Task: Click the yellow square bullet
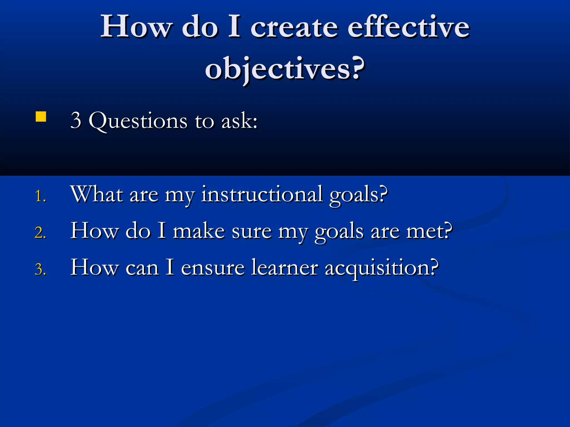tap(41, 117)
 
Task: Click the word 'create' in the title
tap(294, 27)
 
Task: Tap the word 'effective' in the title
tap(409, 27)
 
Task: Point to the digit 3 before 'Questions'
tap(76, 120)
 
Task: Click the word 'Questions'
tap(138, 121)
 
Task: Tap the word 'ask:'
tap(239, 121)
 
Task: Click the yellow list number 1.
tap(40, 196)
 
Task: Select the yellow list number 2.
tap(40, 233)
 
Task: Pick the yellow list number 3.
tap(40, 269)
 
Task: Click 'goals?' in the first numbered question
tap(358, 195)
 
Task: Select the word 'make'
tap(199, 231)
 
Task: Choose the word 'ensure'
tap(213, 268)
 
